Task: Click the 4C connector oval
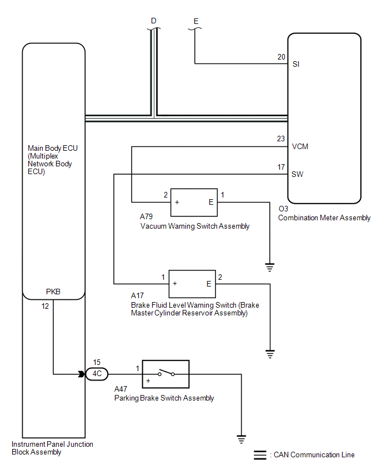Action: click(97, 374)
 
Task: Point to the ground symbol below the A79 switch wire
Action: click(270, 267)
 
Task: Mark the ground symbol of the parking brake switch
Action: click(242, 439)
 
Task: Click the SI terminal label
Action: click(296, 64)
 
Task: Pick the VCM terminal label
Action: click(300, 147)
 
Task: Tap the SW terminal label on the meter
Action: click(298, 175)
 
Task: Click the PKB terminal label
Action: click(53, 292)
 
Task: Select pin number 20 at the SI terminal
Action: click(281, 57)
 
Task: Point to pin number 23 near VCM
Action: click(281, 139)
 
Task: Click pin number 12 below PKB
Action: click(45, 306)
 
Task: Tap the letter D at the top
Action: click(154, 21)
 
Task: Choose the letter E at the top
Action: click(196, 21)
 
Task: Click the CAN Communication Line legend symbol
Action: click(260, 455)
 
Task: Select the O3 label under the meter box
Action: click(283, 209)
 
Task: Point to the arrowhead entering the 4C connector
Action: click(82, 374)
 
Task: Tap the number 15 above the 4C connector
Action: click(97, 362)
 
